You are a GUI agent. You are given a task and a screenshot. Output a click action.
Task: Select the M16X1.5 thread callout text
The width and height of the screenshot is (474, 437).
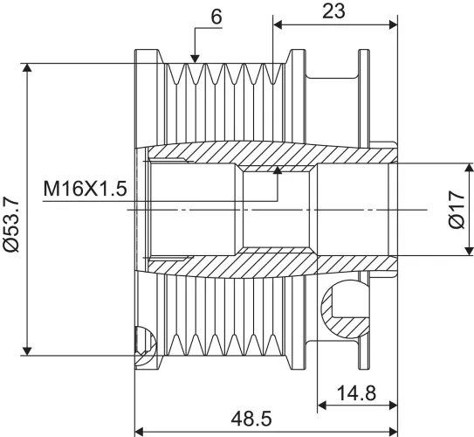point(85,189)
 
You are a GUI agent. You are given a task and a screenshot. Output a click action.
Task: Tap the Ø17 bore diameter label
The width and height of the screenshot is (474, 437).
point(457,209)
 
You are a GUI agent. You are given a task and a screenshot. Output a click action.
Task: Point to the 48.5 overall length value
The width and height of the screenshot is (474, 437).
point(251,419)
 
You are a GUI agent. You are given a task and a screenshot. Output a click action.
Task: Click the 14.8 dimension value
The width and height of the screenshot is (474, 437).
point(356,393)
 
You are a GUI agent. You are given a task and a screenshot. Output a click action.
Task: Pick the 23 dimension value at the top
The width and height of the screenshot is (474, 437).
point(333,11)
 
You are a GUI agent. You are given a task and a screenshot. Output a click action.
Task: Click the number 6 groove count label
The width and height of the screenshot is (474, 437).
point(216,17)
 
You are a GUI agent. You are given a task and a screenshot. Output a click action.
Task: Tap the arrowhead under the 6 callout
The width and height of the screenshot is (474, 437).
point(196,59)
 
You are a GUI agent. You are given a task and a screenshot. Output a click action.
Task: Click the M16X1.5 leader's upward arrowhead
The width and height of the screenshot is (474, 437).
point(278,170)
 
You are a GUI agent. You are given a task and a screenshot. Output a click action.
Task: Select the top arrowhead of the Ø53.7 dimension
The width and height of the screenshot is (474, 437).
point(27,68)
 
